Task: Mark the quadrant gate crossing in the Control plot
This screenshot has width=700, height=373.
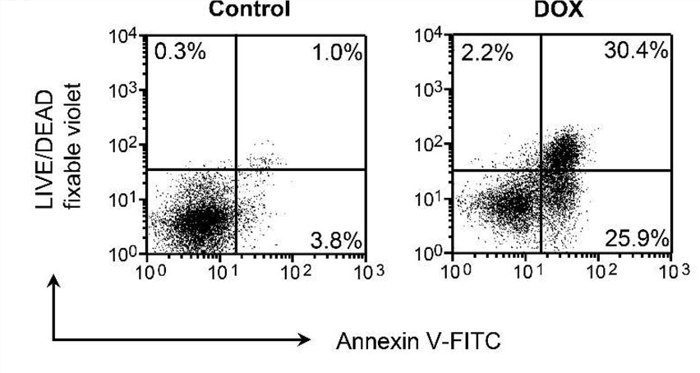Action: [x=237, y=169]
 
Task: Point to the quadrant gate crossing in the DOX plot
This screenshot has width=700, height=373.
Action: [x=541, y=170]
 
